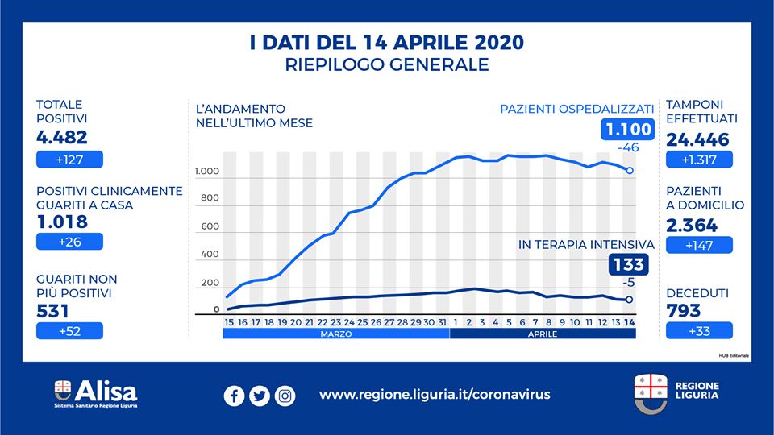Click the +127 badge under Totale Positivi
pos(69,159)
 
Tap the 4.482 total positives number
pos(62,138)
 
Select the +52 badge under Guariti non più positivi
pos(69,330)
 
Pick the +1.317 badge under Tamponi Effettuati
pos(699,159)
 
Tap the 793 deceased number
pos(684,310)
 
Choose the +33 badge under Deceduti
pos(699,330)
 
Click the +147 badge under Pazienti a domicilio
pos(699,245)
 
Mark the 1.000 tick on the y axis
pos(206,172)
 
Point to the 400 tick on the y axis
pos(210,255)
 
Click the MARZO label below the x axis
pos(335,333)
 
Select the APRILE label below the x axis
pos(543,333)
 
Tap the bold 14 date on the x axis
pos(630,322)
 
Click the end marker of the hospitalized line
pos(630,171)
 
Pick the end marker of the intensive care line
pos(630,300)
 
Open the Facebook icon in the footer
pos(234,396)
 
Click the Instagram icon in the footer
pos(285,396)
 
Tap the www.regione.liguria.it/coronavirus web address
pos(435,395)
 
